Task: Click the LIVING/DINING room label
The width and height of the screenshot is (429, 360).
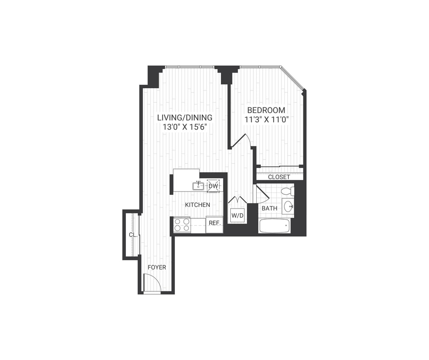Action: pos(185,117)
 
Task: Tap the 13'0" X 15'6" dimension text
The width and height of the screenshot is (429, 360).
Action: pos(185,127)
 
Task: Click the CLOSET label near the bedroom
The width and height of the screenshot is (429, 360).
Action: pos(279,177)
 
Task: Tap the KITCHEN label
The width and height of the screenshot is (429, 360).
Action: pos(197,205)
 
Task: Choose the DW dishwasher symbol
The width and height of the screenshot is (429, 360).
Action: pos(213,186)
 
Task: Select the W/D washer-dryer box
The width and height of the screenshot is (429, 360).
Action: pos(237,216)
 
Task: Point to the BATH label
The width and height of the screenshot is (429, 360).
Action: pos(269,209)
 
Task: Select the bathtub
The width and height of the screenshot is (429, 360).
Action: pos(274,226)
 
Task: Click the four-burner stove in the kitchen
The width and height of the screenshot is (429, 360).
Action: pos(182,225)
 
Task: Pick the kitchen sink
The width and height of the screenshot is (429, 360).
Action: pos(198,186)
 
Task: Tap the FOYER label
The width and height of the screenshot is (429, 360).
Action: pos(157,267)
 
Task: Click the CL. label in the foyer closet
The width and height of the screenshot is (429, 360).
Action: pos(133,235)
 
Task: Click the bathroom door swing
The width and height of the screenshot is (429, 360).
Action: pos(261,195)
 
